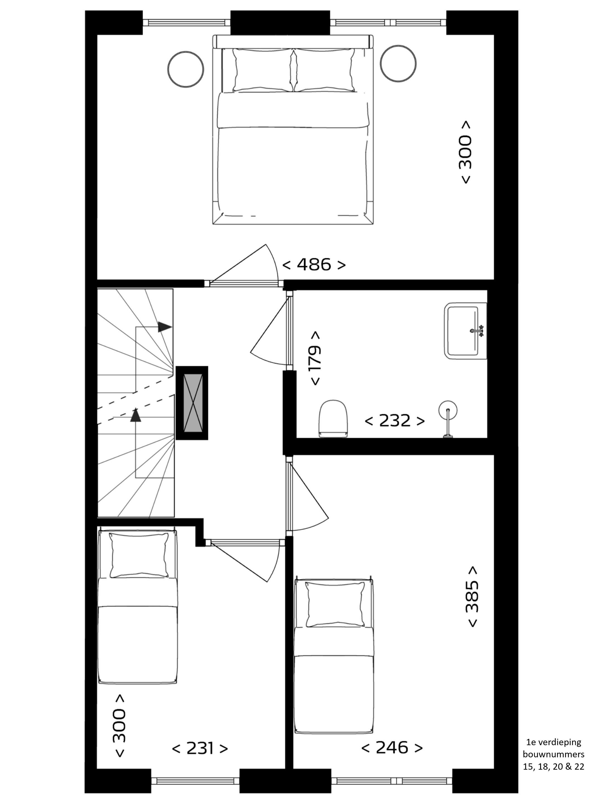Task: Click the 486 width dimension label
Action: pyautogui.click(x=314, y=265)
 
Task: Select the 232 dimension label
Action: pyautogui.click(x=394, y=421)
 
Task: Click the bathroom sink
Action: pyautogui.click(x=466, y=331)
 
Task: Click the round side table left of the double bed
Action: pyautogui.click(x=186, y=69)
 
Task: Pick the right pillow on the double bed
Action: pyautogui.click(x=324, y=70)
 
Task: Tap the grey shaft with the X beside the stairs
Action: pyautogui.click(x=192, y=403)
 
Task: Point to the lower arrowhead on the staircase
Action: pyautogui.click(x=136, y=415)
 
